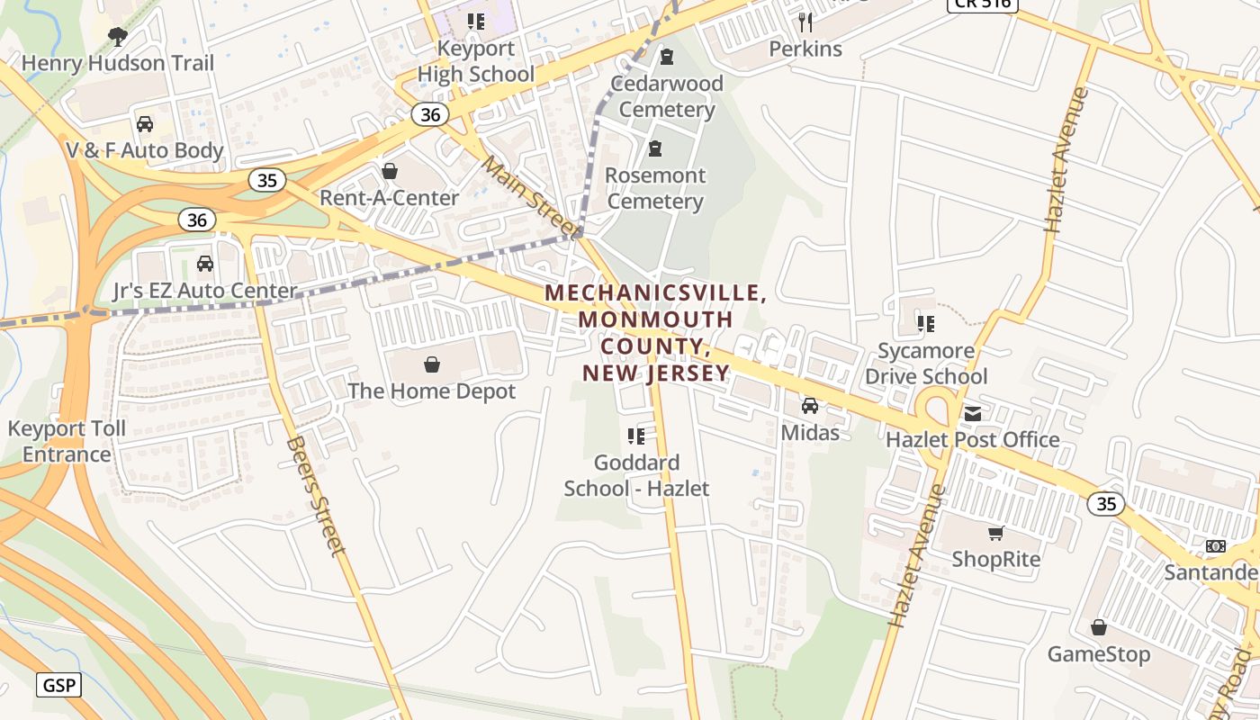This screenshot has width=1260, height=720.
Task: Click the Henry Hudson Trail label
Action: (118, 63)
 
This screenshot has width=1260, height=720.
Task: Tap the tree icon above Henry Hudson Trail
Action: (117, 37)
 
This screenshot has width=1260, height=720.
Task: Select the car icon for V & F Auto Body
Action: (144, 124)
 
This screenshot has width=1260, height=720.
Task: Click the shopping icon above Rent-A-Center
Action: (390, 171)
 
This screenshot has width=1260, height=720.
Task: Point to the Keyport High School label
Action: (476, 61)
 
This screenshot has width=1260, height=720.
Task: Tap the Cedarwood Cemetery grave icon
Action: (667, 58)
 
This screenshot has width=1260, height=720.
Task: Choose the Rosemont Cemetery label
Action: (655, 187)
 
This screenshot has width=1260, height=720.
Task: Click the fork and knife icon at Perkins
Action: (805, 22)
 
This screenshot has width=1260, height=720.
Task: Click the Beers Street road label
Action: (316, 496)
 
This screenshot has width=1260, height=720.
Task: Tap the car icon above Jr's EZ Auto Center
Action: (205, 264)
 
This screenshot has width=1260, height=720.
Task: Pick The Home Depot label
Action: (432, 391)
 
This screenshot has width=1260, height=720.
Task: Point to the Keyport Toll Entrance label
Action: (67, 441)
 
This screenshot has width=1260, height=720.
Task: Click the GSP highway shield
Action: (60, 685)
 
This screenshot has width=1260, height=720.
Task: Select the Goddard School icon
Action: (636, 436)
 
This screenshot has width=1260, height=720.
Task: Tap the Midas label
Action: (810, 432)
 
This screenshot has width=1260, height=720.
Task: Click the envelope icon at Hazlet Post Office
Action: (973, 414)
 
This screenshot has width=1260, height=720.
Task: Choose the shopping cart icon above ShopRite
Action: (996, 534)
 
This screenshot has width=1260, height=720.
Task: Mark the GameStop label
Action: (1099, 653)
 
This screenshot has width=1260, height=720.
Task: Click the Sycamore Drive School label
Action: (926, 364)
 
